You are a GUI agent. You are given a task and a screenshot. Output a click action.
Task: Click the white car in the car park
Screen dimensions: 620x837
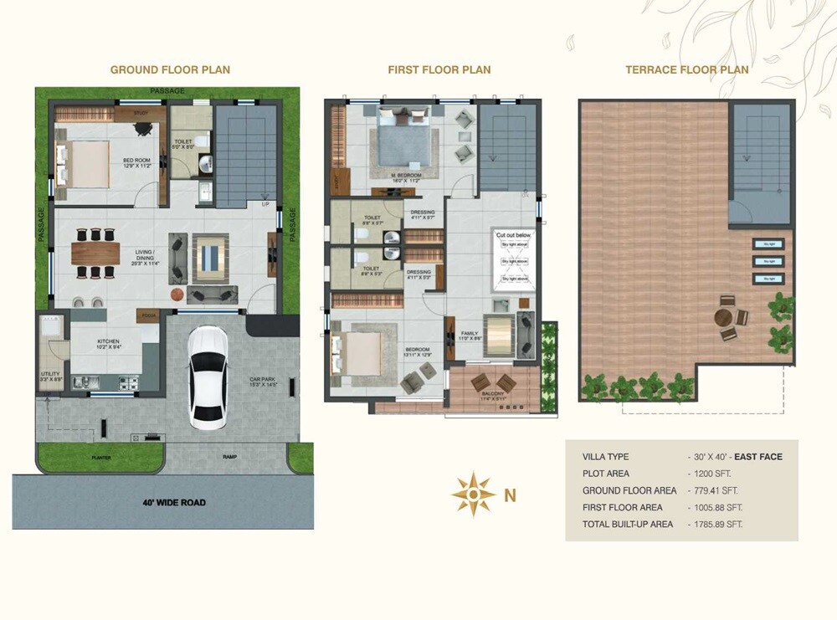tap(207, 376)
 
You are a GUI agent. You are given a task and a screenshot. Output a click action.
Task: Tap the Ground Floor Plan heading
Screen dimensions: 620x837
tap(170, 69)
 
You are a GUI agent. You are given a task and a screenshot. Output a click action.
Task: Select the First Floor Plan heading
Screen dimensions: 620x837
tap(439, 69)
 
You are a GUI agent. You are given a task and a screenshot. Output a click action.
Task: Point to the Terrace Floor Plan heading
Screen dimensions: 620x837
tap(686, 69)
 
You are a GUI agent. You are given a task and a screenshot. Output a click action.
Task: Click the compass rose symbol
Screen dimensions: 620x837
tap(473, 494)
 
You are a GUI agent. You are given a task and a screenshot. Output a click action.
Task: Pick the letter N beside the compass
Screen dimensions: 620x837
tap(510, 495)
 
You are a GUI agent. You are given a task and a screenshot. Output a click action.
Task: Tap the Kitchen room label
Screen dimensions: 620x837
tap(108, 341)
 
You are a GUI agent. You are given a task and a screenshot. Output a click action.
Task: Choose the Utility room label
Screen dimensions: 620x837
tap(49, 374)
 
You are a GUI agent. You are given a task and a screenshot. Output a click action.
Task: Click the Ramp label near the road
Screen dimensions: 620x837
tap(229, 458)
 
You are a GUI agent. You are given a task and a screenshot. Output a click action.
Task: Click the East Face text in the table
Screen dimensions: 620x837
tap(757, 457)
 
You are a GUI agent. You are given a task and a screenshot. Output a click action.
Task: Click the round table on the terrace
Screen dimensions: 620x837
tap(725, 318)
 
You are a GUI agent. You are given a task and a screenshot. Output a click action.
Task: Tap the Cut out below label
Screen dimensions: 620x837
tap(513, 236)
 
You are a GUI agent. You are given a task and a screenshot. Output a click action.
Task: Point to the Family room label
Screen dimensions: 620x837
tap(470, 333)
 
